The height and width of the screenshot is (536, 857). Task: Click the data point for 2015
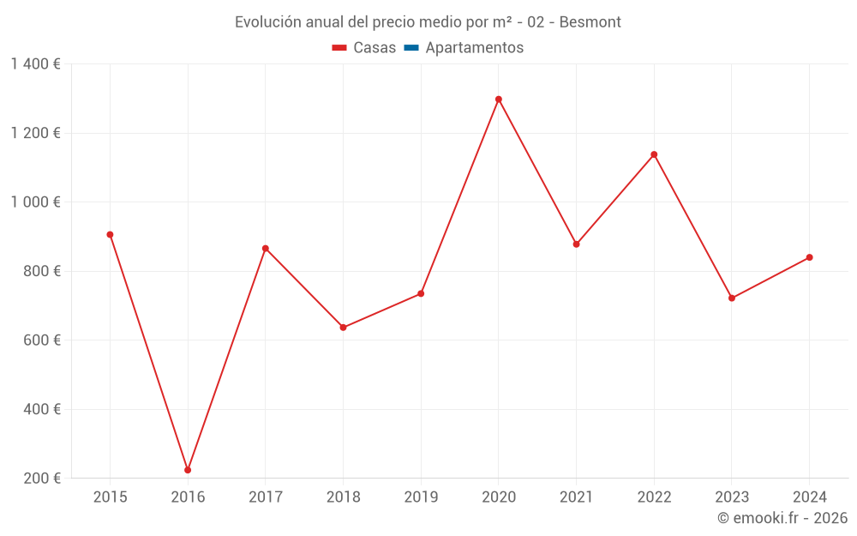click(110, 235)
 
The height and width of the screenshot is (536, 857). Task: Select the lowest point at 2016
click(188, 470)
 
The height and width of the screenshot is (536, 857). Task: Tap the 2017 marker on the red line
click(266, 249)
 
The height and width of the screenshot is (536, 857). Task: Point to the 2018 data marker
click(343, 328)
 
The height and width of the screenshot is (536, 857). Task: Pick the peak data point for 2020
click(499, 99)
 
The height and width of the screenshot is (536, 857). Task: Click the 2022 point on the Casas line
click(654, 154)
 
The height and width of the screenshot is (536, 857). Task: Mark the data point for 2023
click(732, 298)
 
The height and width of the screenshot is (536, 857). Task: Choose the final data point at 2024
click(809, 257)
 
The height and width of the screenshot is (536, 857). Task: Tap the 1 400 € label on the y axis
click(35, 64)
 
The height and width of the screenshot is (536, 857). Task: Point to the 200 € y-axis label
click(42, 479)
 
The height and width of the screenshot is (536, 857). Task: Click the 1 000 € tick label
click(35, 202)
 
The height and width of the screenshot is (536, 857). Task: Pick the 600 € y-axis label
click(42, 340)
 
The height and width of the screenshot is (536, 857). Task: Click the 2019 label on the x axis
click(421, 497)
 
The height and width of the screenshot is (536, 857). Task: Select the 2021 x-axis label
click(576, 497)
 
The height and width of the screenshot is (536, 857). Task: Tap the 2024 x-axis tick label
click(809, 497)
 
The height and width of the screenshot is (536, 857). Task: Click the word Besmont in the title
click(590, 22)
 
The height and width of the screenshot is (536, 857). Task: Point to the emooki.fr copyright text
click(782, 518)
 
